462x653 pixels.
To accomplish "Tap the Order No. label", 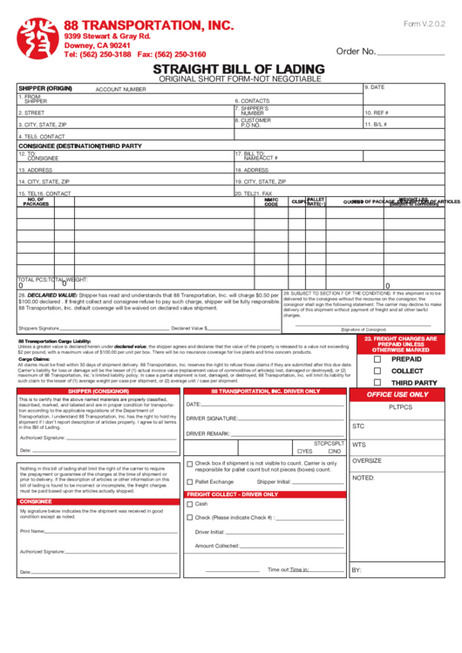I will click(x=355, y=51).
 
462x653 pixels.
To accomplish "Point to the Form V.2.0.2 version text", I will click(x=424, y=24).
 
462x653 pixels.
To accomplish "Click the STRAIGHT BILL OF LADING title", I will click(x=239, y=69).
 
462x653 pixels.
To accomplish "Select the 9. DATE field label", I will click(x=375, y=87).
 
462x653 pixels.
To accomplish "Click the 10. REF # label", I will click(x=377, y=112).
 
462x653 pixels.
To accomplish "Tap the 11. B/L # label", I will click(x=376, y=125).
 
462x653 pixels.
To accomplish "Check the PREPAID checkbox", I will click(x=377, y=358).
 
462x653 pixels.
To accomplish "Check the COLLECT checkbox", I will click(x=377, y=371).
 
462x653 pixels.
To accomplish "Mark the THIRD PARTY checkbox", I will click(x=377, y=383).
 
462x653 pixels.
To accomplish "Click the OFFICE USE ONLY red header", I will click(x=397, y=395).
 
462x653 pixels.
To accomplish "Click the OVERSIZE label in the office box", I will click(x=366, y=460).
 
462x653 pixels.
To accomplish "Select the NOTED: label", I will click(x=363, y=478).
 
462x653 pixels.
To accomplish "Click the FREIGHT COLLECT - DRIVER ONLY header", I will click(x=232, y=494).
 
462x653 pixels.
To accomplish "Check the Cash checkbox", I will click(x=190, y=504).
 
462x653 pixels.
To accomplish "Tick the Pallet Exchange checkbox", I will click(x=190, y=481).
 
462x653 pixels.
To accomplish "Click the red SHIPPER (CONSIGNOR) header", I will click(x=99, y=391).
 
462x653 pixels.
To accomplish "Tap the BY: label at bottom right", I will click(x=357, y=570).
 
